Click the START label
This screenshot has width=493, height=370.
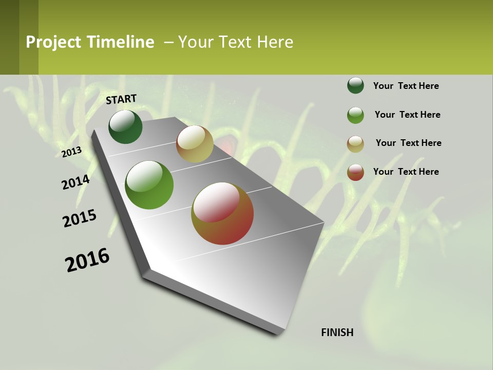(121, 99)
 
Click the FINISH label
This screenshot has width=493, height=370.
(337, 332)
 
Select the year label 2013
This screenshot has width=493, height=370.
(72, 152)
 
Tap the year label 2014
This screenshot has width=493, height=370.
(75, 182)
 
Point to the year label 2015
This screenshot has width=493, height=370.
(80, 218)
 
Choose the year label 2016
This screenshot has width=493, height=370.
(87, 260)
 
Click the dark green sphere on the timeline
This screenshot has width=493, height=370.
(125, 127)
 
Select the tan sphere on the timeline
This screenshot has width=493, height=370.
(195, 144)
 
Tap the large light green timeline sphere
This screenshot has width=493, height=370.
(149, 185)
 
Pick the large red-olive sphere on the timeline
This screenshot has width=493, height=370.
(222, 213)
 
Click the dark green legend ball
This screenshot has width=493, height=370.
(355, 86)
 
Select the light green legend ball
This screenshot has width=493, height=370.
(355, 115)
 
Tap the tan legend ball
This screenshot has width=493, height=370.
(355, 143)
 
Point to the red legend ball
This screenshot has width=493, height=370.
(355, 172)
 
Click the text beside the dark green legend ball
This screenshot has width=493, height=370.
(406, 86)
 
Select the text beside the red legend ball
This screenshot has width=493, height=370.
(406, 172)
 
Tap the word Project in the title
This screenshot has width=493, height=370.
(54, 42)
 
